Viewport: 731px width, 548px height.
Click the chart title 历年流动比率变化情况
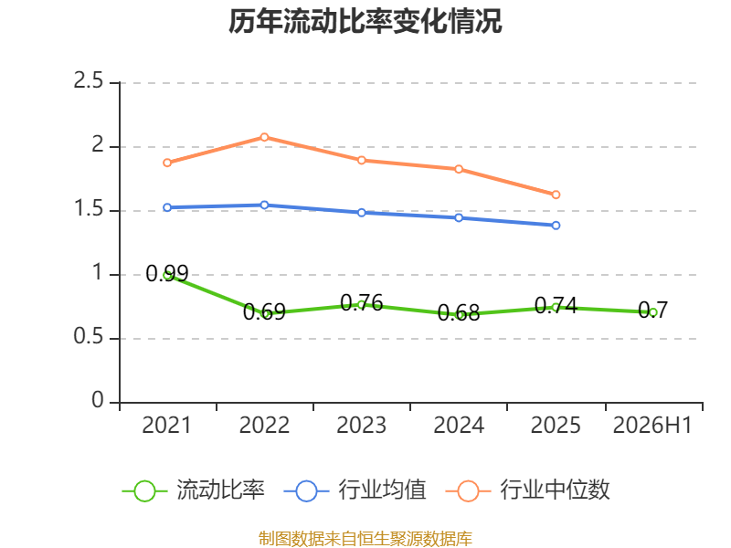(x=365, y=21)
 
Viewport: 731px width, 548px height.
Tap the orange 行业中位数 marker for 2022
(x=264, y=137)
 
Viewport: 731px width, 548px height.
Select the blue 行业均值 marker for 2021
(x=167, y=207)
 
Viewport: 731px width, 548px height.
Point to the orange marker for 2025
(x=556, y=195)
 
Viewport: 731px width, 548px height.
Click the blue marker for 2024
(x=459, y=217)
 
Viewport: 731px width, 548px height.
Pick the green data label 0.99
(x=167, y=273)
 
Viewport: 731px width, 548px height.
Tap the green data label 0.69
(x=264, y=311)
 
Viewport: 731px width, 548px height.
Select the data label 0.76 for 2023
(x=362, y=303)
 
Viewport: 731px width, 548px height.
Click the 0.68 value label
(x=459, y=312)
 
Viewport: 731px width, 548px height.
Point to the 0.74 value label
(x=556, y=306)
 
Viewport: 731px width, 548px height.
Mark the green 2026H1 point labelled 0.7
(x=653, y=312)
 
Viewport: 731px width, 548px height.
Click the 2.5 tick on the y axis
(x=89, y=80)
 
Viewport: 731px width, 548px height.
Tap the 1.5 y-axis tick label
(x=89, y=208)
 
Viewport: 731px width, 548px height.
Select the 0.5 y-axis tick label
(x=89, y=336)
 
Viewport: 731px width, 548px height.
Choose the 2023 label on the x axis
(x=361, y=425)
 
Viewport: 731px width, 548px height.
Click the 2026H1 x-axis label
(x=652, y=425)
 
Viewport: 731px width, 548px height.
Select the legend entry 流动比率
(x=194, y=490)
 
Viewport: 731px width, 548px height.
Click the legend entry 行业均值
(x=355, y=490)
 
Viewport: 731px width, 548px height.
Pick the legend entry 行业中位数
(x=528, y=490)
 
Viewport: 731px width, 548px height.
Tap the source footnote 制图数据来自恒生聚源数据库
(x=365, y=539)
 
